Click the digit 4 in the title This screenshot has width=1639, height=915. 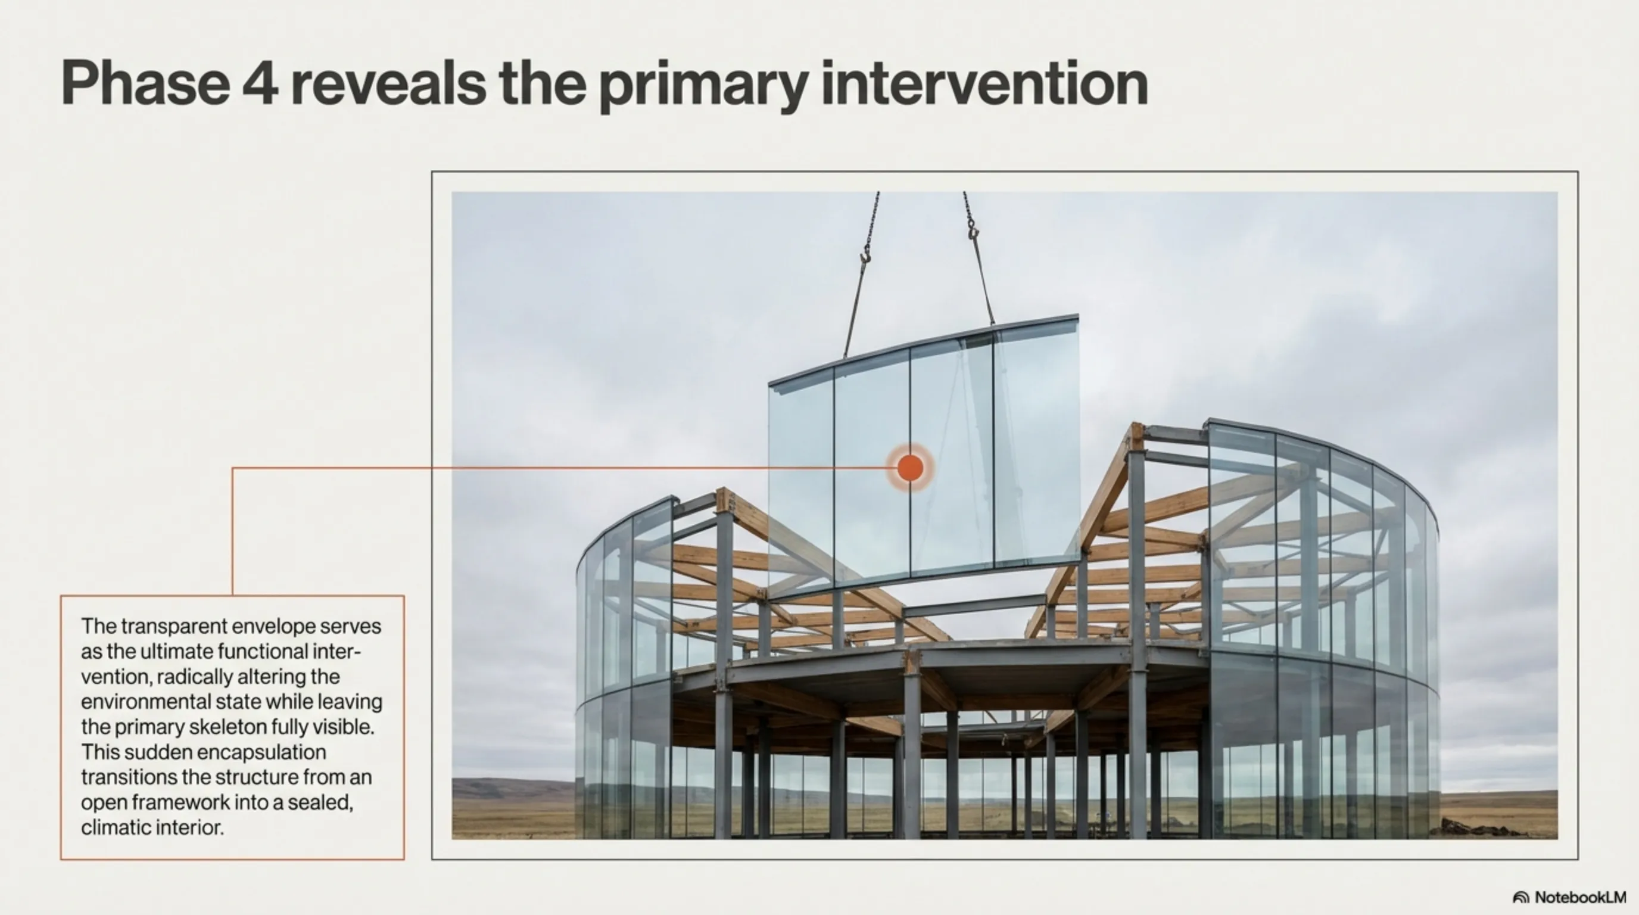260,83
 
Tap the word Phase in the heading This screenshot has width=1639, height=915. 145,83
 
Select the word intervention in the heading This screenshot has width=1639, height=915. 984,83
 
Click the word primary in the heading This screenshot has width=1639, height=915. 704,88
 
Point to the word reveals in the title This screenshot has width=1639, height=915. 388,83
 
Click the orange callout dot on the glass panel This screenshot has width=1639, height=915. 910,468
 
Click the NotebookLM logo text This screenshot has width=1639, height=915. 1581,897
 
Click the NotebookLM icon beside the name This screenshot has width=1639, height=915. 1520,898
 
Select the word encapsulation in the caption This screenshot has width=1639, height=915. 225,753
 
